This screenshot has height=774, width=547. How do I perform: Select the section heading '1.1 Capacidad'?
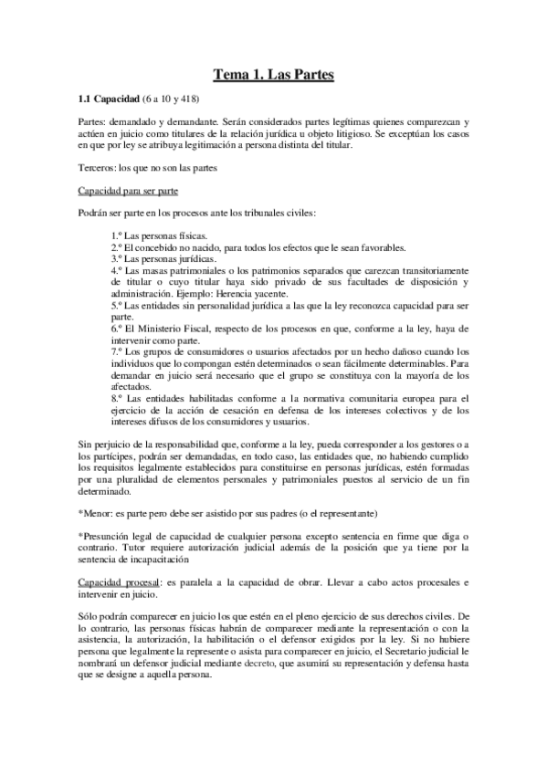click(109, 98)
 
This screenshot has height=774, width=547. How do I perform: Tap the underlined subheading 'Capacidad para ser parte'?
click(127, 190)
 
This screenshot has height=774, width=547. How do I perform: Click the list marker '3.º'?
click(118, 259)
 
